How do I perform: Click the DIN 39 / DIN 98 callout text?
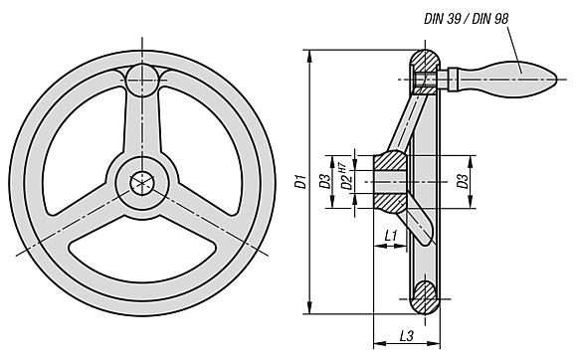click(466, 19)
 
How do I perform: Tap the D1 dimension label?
click(301, 181)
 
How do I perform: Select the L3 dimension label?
click(406, 335)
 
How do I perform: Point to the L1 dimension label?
click(390, 235)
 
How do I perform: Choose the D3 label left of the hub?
click(325, 181)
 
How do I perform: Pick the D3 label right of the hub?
click(463, 181)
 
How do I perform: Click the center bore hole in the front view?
click(142, 183)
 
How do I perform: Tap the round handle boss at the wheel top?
click(142, 81)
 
